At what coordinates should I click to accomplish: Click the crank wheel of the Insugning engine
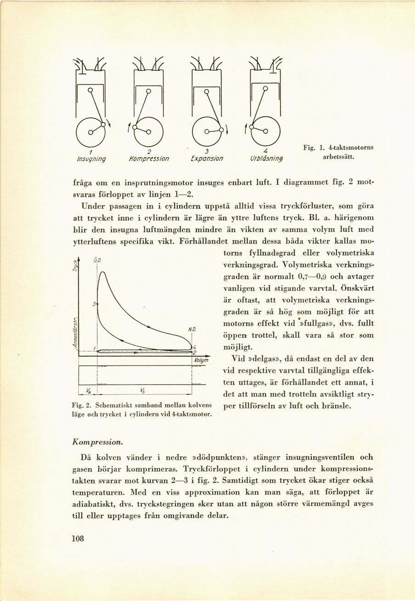click(x=90, y=131)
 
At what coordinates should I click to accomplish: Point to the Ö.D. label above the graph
click(x=97, y=260)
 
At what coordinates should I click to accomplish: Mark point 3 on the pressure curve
click(x=94, y=304)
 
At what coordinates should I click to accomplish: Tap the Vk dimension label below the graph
click(x=88, y=391)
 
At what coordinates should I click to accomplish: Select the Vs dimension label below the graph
click(x=144, y=391)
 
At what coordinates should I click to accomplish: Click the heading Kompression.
click(x=97, y=442)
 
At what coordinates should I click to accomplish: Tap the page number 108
click(x=79, y=539)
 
